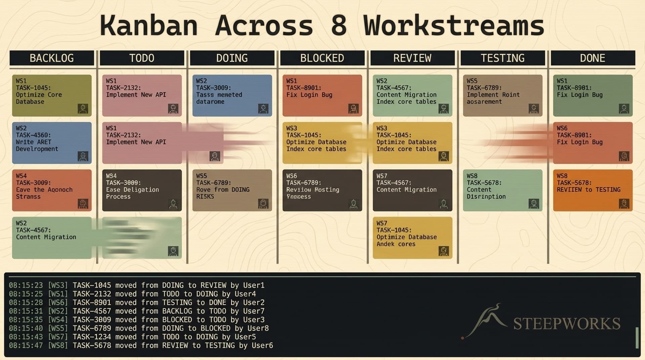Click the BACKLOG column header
52,58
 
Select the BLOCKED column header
322,58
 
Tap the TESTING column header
503,58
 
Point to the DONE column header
593,58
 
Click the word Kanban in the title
148,26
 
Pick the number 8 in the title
339,26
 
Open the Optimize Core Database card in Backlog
52,95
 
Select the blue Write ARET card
52,143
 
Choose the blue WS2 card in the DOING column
232,95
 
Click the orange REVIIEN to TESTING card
593,190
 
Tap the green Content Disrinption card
503,190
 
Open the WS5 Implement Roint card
503,95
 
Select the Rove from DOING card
232,190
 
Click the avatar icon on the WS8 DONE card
624,203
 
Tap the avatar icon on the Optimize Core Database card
83,109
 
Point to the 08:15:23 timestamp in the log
26,285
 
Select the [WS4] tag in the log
58,320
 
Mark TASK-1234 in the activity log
92,337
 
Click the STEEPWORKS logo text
566,324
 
